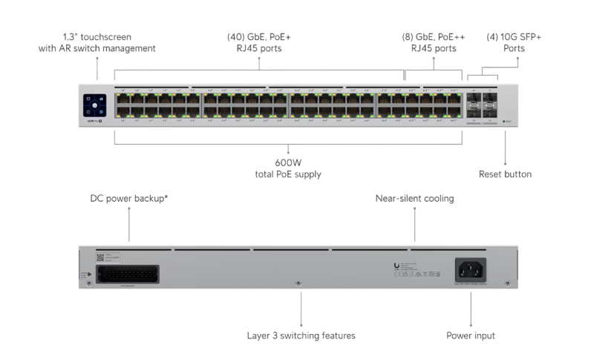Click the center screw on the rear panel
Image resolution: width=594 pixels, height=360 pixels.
click(x=298, y=284)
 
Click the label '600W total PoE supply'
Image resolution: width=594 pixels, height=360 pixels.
click(x=288, y=168)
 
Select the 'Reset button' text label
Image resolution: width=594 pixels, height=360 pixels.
click(x=505, y=174)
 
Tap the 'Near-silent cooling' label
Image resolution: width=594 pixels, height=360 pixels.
click(x=414, y=198)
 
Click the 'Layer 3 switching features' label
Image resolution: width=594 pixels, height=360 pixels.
click(x=301, y=336)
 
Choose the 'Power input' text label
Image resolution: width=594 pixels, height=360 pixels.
click(x=470, y=336)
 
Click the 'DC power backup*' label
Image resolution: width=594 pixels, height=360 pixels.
click(x=128, y=198)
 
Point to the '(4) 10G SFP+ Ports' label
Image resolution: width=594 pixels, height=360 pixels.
click(x=505, y=42)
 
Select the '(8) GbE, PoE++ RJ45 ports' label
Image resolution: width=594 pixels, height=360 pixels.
click(x=434, y=42)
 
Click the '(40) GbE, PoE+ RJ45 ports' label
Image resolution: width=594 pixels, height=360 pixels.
click(x=259, y=42)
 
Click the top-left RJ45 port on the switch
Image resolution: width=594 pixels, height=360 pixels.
click(x=120, y=99)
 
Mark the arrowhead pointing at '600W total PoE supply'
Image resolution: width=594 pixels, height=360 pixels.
click(x=288, y=152)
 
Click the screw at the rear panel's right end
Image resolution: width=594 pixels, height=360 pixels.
click(x=506, y=284)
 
